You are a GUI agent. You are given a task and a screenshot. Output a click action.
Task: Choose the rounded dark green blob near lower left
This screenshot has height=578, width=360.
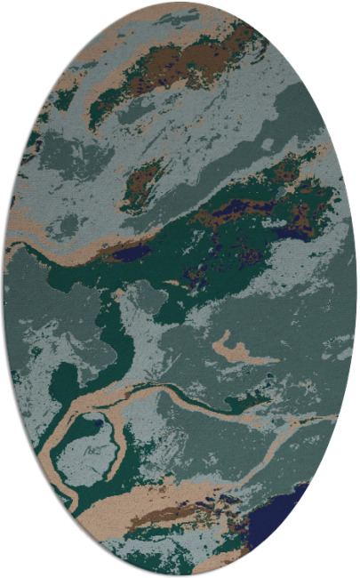point(64,382)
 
